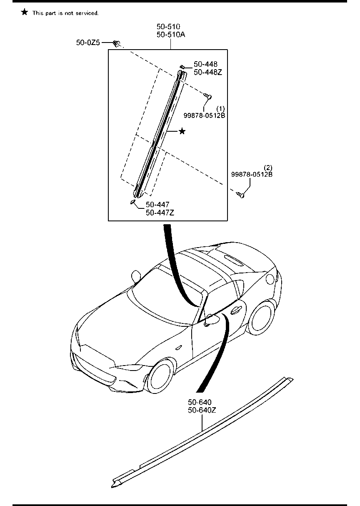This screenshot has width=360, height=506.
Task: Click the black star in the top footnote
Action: (25, 13)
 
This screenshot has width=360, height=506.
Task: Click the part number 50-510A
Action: (171, 35)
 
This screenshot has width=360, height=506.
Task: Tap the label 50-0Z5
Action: (88, 43)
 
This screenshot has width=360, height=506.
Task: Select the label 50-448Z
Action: (207, 72)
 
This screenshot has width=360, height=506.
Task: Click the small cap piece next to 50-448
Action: (182, 67)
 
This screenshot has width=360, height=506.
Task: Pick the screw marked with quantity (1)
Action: (208, 96)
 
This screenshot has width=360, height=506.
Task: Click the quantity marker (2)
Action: (268, 168)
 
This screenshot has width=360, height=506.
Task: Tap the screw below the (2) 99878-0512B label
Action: (241, 194)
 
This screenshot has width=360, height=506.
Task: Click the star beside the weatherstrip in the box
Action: (182, 131)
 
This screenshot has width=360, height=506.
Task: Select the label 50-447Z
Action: (160, 213)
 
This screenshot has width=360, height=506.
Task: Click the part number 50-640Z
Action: (202, 410)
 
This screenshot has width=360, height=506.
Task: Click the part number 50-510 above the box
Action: (168, 27)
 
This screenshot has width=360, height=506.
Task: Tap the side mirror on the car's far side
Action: (135, 276)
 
